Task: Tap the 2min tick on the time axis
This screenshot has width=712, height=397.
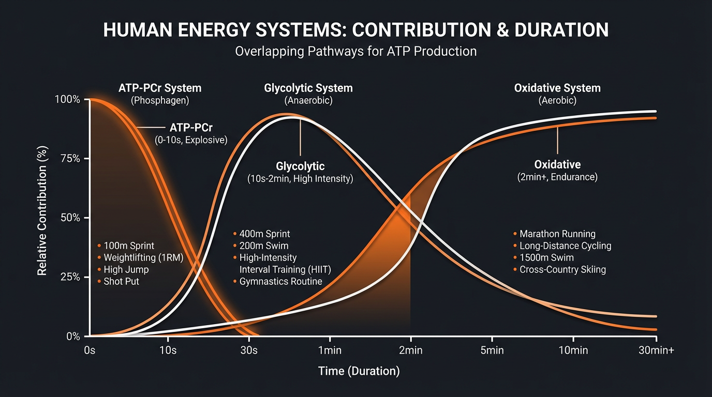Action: tap(410, 350)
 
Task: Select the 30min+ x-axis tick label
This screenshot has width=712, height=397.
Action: tap(656, 350)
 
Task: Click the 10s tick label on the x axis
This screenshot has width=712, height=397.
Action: tap(168, 350)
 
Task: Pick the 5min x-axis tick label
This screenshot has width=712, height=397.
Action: tap(492, 350)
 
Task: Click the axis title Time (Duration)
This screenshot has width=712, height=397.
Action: tap(359, 371)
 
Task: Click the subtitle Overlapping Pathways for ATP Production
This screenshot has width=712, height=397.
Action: tap(356, 52)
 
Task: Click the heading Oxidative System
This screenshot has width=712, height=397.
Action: tap(557, 88)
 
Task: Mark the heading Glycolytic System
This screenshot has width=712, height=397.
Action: tap(308, 88)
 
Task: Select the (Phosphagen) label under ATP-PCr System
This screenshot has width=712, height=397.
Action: tap(160, 100)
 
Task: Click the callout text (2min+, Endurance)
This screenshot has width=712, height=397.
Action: tap(557, 177)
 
